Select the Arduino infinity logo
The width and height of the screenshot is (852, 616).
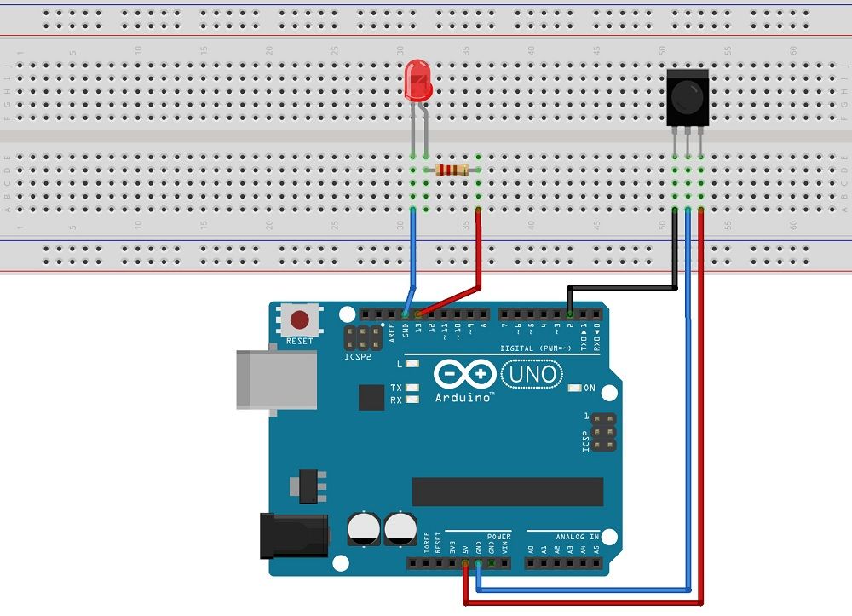(463, 375)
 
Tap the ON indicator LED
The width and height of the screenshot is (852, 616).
(573, 389)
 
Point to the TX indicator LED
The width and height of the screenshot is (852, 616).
(412, 388)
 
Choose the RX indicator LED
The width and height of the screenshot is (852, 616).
(412, 399)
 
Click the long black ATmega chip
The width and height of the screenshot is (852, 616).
(507, 492)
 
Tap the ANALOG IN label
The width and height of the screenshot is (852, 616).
(576, 537)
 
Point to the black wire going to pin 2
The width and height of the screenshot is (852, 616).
(622, 287)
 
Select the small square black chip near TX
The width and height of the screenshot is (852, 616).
(371, 397)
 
